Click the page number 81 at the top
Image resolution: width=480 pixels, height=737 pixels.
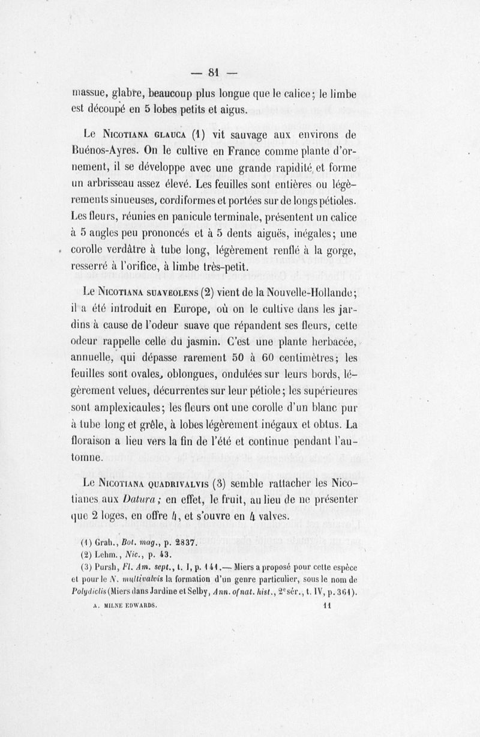[213, 73]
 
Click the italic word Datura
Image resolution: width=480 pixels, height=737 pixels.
[140, 499]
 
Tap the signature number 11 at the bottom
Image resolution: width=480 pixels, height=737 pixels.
[327, 607]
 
